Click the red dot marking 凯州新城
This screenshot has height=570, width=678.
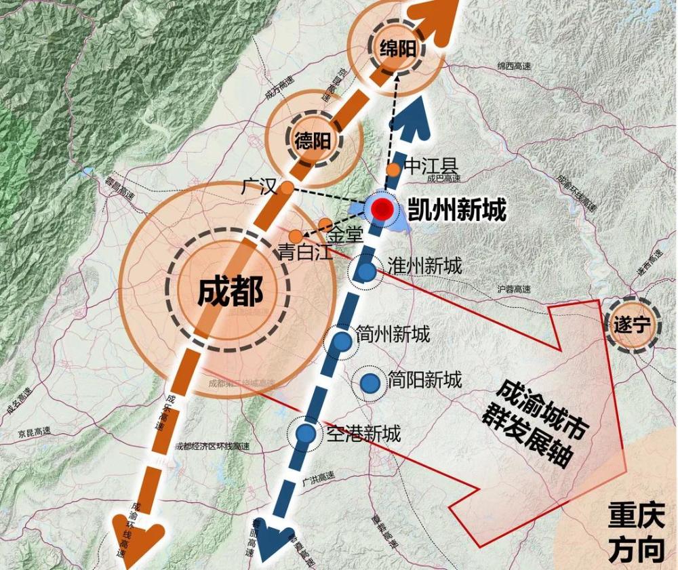click(382, 210)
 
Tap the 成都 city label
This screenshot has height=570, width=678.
click(230, 292)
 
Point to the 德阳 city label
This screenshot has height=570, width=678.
click(313, 141)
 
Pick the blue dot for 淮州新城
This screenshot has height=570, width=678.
click(366, 272)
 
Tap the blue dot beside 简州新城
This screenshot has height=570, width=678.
click(343, 340)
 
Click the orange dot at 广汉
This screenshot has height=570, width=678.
click(287, 188)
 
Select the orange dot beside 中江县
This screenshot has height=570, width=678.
click(393, 169)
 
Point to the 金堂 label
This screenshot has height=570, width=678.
click(346, 235)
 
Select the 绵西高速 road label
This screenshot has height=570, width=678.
click(513, 66)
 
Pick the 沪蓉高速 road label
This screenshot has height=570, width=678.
click(514, 289)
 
